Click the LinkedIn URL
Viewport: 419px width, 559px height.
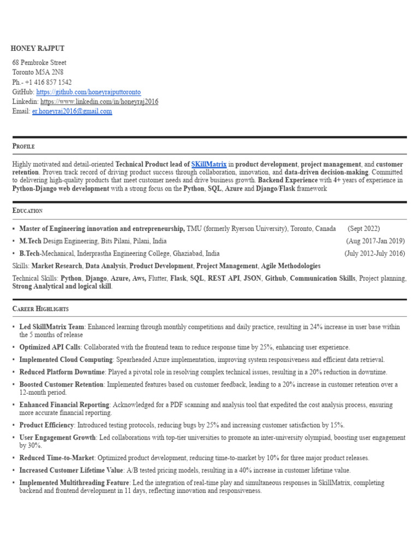[99, 102]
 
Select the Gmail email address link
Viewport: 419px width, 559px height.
[72, 111]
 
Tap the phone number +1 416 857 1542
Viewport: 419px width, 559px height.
[48, 82]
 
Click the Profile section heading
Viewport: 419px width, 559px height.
[23, 146]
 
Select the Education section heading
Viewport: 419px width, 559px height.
[27, 211]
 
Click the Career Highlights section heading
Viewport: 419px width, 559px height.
[40, 309]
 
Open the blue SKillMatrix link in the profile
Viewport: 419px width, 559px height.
[209, 164]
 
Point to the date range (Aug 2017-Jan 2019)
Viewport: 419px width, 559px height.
[375, 241]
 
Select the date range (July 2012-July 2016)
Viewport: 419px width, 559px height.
[374, 253]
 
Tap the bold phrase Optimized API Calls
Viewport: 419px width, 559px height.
[50, 347]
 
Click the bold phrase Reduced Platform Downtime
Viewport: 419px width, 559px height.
[62, 372]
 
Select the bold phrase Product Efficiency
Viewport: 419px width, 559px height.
[46, 425]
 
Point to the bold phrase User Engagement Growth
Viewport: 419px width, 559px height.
[57, 438]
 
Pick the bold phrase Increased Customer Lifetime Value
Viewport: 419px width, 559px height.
[71, 471]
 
